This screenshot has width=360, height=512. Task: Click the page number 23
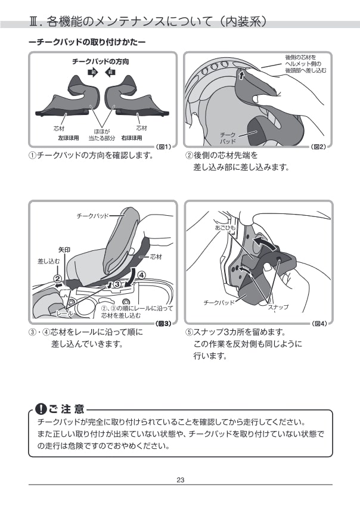click(180, 480)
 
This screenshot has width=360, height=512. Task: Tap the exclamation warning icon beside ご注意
click(41, 408)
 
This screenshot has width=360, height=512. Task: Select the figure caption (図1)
click(163, 147)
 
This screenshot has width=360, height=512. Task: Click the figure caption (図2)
click(318, 147)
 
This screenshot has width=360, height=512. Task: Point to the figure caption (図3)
click(163, 324)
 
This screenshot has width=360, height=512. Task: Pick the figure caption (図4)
click(319, 324)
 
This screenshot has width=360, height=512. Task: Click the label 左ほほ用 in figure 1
click(69, 138)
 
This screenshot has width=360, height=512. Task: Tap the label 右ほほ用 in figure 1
click(132, 138)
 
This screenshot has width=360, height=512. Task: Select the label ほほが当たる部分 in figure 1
click(102, 135)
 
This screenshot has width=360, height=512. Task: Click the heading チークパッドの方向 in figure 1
click(101, 61)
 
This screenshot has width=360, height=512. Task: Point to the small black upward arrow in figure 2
click(241, 76)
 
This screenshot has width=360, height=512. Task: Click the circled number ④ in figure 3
click(142, 275)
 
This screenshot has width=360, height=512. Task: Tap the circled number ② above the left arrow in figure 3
click(57, 278)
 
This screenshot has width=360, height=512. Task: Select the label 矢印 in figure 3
click(64, 250)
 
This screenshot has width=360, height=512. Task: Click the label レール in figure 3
click(64, 313)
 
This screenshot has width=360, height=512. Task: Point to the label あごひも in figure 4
click(225, 227)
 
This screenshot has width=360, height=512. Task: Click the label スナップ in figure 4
click(278, 307)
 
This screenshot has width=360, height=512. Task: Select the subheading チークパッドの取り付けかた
click(87, 42)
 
